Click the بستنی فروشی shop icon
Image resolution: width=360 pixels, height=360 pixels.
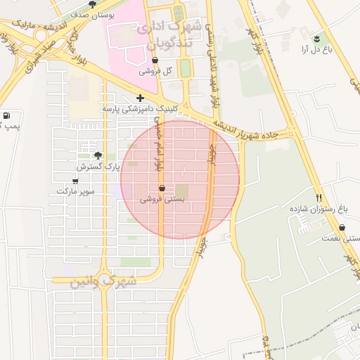pyautogui.click(x=162, y=188)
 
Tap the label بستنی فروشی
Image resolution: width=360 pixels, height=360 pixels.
pyautogui.click(x=162, y=199)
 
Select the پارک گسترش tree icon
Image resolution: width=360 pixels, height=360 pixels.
pyautogui.click(x=98, y=156)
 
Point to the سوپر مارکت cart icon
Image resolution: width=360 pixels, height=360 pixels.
pyautogui.click(x=75, y=181)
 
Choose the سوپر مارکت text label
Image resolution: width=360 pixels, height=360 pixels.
pyautogui.click(x=75, y=191)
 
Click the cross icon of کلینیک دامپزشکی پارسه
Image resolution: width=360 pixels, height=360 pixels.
pyautogui.click(x=141, y=98)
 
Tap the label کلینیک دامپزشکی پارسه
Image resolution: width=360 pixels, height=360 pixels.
pyautogui.click(x=140, y=109)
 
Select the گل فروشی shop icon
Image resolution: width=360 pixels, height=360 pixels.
pyautogui.click(x=155, y=60)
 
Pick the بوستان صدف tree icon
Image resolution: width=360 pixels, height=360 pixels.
pyautogui.click(x=92, y=4)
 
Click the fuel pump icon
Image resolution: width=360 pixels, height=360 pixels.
pyautogui.click(x=7, y=115)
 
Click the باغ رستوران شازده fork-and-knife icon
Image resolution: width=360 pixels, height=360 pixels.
pyautogui.click(x=319, y=198)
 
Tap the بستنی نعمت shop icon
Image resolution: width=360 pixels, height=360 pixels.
pyautogui.click(x=342, y=228)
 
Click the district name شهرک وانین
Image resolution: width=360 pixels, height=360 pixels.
pyautogui.click(x=103, y=281)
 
